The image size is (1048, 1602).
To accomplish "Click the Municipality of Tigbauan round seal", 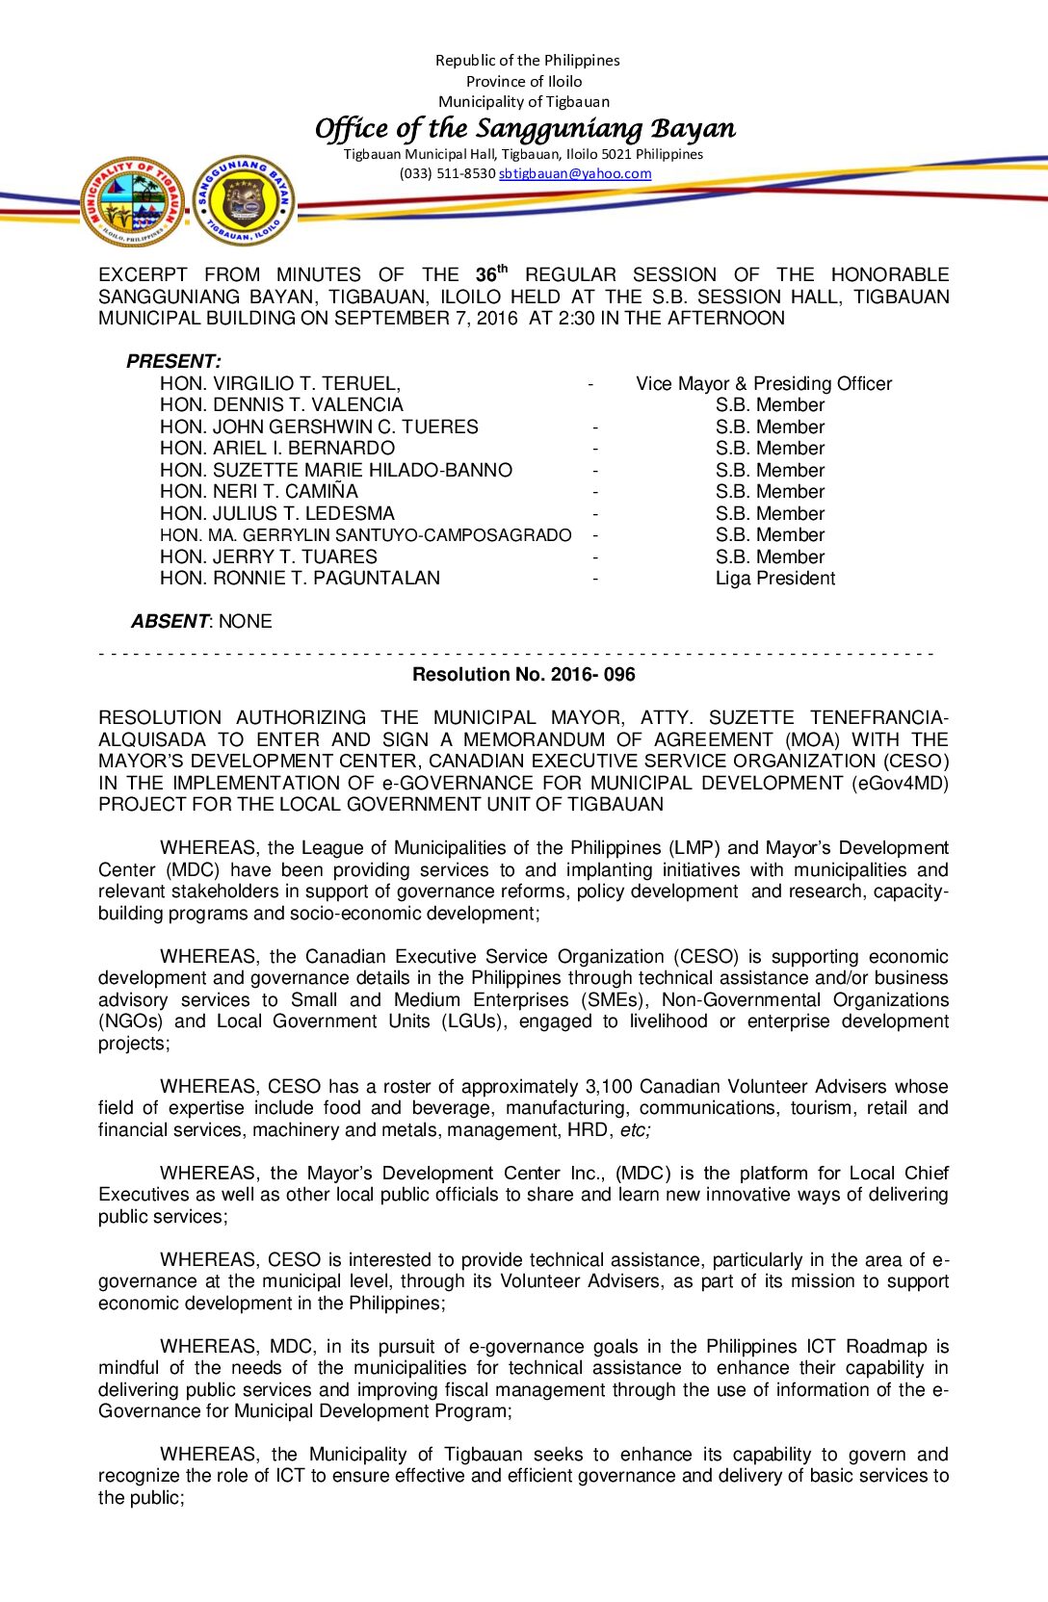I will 134,202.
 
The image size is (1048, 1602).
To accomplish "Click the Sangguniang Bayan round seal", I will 244,200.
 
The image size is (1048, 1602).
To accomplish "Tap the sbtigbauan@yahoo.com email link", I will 575,174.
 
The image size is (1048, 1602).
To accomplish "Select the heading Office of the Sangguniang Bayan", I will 525,128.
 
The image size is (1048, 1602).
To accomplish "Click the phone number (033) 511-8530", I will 447,174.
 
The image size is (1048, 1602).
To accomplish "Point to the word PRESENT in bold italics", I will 172,361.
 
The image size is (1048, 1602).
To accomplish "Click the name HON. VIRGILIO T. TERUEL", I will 279,383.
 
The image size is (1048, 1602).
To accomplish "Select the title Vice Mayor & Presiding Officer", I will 764,383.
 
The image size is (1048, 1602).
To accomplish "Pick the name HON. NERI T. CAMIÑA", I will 258,491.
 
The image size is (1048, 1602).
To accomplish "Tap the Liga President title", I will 774,578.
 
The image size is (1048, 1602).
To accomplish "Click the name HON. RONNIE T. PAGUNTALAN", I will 300,578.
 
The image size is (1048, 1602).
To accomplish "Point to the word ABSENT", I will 170,621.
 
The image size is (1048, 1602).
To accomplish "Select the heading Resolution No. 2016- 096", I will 523,674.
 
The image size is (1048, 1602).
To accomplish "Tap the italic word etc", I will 634,1130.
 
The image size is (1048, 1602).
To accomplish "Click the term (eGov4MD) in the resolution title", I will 900,783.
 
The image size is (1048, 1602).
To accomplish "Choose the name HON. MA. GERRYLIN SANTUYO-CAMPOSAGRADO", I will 365,534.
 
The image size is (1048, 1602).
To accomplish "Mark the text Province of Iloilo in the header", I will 524,81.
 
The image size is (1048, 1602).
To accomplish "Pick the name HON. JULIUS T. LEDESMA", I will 276,513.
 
